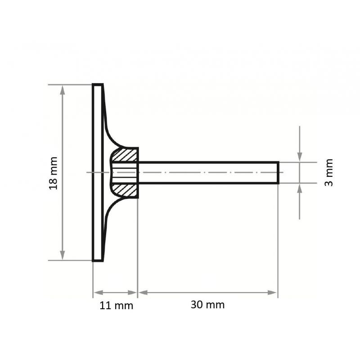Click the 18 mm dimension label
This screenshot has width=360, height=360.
54,172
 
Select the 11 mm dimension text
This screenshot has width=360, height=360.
116,306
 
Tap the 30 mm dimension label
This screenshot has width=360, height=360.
207,305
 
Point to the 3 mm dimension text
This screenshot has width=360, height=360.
329,172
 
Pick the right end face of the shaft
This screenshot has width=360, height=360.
278,172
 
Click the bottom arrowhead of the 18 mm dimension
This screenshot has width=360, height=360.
63,255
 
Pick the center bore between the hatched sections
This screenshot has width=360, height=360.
125,172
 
